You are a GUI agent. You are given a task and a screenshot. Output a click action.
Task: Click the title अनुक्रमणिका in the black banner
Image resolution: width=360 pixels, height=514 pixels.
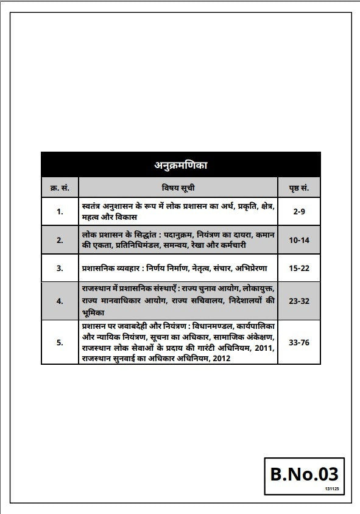click(180, 164)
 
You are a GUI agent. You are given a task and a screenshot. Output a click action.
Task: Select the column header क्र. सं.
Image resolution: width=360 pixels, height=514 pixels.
click(59, 186)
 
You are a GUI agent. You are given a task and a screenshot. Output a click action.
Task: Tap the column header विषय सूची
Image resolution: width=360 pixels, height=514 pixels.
click(178, 186)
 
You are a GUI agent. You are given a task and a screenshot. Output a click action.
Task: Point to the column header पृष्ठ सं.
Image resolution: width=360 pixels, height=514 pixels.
click(299, 186)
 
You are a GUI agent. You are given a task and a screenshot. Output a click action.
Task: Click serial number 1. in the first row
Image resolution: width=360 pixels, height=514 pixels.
click(60, 211)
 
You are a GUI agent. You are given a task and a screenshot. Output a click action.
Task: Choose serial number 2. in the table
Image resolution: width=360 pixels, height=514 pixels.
click(60, 240)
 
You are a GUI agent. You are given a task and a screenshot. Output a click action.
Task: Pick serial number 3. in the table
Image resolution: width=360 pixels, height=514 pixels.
click(60, 268)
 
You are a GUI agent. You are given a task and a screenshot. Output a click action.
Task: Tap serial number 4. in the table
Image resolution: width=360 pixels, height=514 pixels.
click(60, 300)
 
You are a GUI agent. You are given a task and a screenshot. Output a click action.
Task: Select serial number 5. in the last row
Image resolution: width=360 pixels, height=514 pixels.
click(60, 342)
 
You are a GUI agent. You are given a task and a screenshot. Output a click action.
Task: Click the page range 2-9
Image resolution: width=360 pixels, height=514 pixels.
click(299, 211)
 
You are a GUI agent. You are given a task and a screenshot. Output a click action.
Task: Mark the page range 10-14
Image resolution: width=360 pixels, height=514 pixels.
click(299, 240)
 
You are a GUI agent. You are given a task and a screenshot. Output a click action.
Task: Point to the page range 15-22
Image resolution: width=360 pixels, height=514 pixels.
click(299, 268)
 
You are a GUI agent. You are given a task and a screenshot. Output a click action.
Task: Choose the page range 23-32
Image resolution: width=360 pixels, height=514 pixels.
click(299, 300)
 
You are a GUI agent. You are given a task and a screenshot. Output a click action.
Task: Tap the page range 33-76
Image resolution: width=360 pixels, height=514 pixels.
click(299, 342)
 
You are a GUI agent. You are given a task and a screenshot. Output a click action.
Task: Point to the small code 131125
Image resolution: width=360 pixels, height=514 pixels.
click(331, 488)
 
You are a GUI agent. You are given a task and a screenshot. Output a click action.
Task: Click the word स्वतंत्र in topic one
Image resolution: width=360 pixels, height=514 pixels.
click(94, 206)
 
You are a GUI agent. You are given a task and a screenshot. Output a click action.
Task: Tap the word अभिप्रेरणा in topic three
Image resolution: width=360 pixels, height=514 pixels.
click(258, 268)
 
